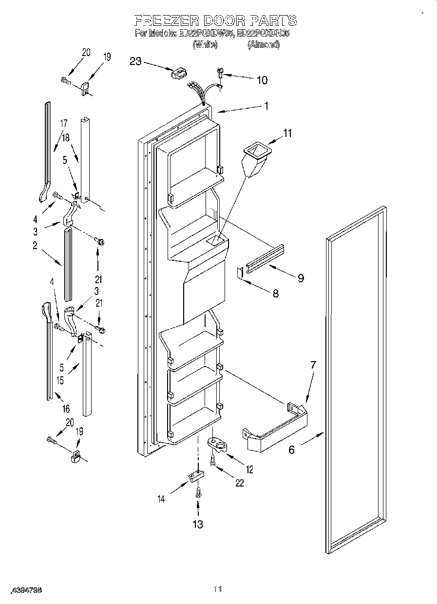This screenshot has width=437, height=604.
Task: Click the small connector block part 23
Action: (x=178, y=73)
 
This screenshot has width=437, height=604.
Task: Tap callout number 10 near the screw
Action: (x=262, y=80)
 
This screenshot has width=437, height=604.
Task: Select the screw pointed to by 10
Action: (x=220, y=74)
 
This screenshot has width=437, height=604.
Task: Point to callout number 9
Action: (x=301, y=278)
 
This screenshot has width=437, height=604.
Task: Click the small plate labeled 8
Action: (x=240, y=273)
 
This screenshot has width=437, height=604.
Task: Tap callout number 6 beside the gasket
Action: (x=291, y=449)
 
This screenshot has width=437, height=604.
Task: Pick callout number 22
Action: (x=239, y=483)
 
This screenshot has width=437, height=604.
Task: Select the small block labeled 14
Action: (x=197, y=475)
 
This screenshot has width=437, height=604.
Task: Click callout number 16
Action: (x=66, y=409)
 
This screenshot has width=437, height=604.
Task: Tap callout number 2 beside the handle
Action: (x=35, y=246)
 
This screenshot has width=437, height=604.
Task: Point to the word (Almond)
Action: (x=264, y=44)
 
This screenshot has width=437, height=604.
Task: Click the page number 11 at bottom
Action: (x=218, y=589)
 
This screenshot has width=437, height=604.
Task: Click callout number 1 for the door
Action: (x=266, y=106)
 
